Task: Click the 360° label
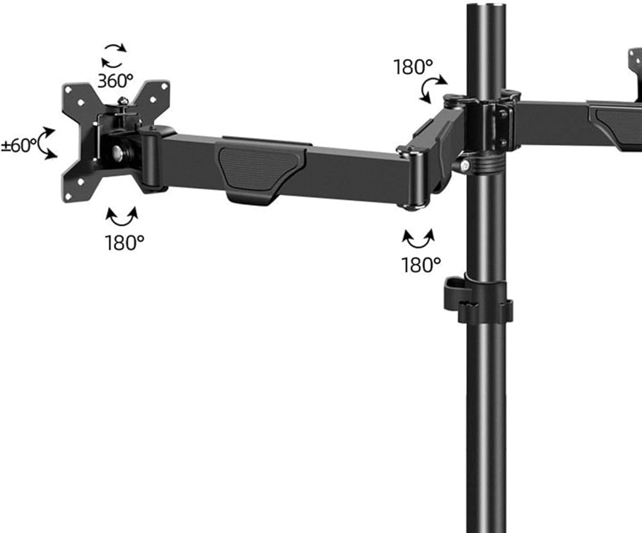point(116,81)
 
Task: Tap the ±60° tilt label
point(19,146)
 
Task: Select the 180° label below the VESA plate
point(125,243)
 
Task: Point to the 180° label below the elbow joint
point(421,265)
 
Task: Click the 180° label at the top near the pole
point(413,67)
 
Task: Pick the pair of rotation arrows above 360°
point(114,56)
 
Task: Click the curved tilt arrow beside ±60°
point(47,143)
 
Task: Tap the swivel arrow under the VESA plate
point(121,218)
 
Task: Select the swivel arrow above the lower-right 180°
point(418,240)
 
